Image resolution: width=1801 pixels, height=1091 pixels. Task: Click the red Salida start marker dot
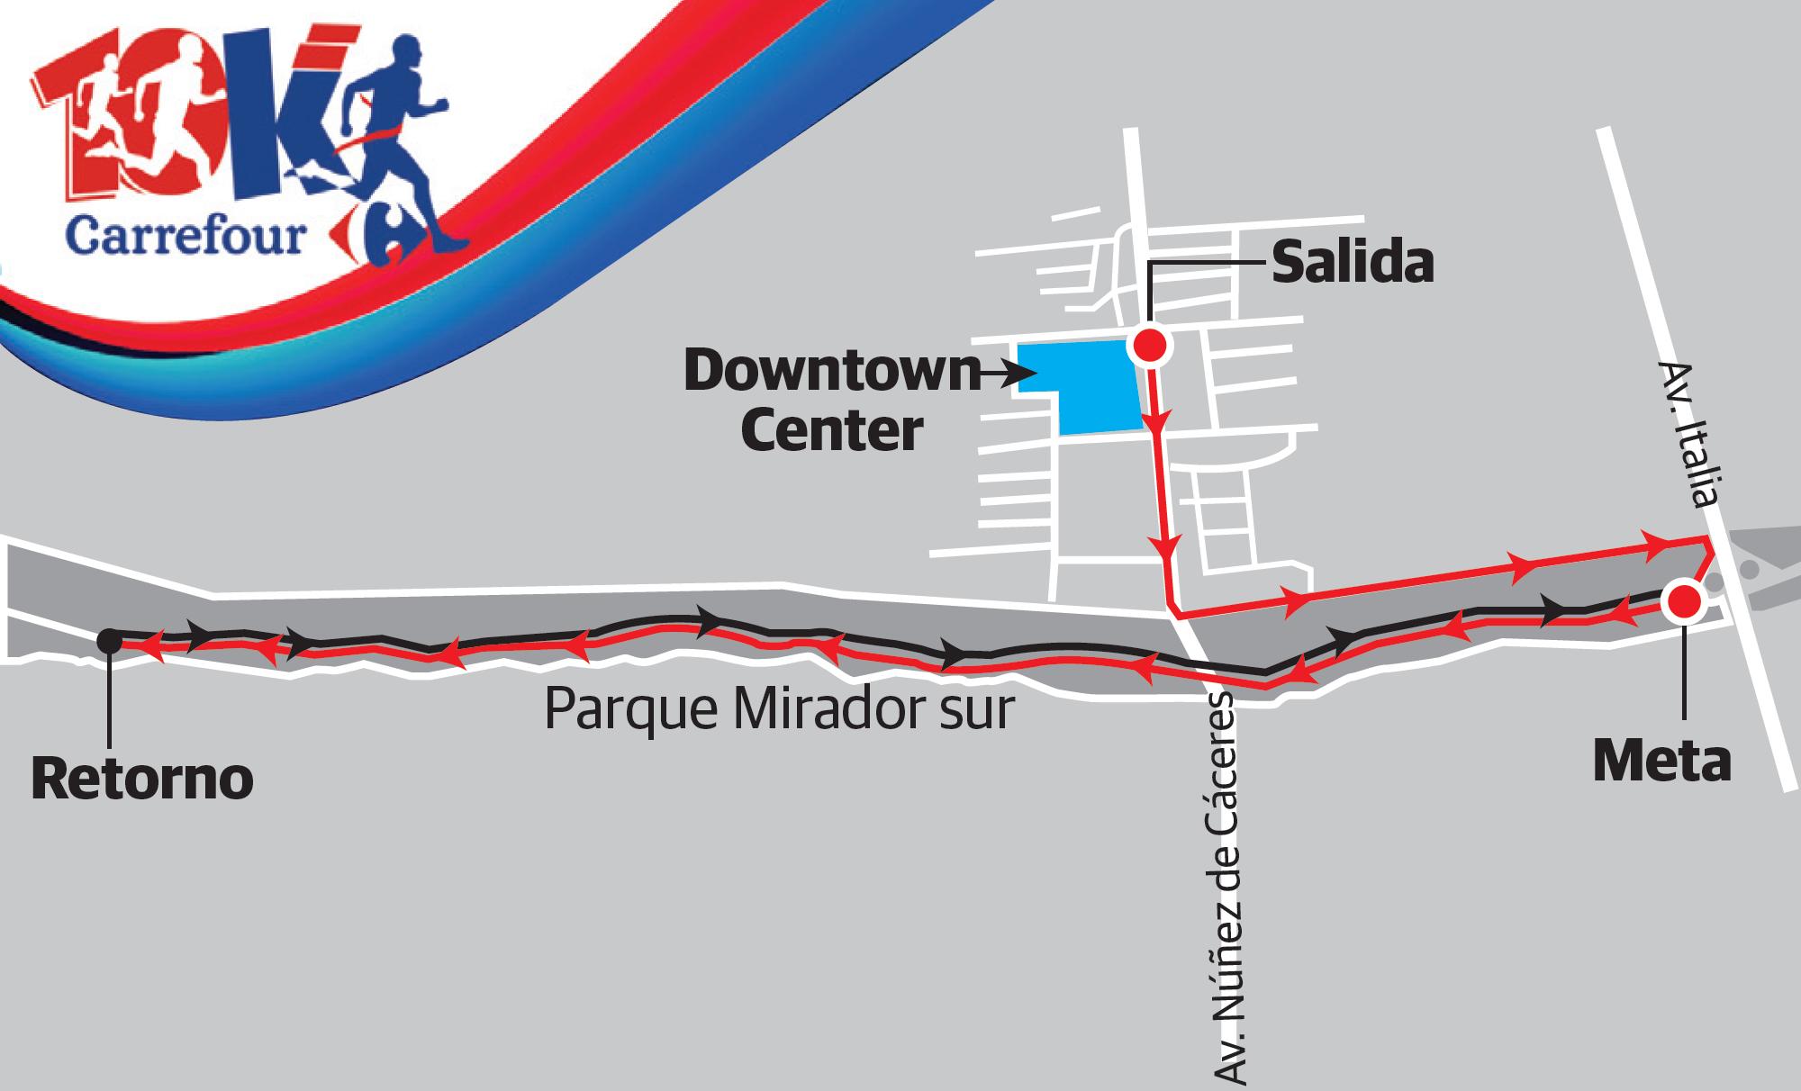[x=1150, y=345]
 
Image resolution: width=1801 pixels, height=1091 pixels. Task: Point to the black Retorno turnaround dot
[x=109, y=640]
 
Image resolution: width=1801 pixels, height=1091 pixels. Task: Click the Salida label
[x=1352, y=265]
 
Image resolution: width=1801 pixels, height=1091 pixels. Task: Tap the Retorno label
[x=142, y=780]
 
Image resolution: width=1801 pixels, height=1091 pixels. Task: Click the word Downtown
[x=831, y=373]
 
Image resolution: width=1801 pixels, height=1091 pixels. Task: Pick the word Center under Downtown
[x=831, y=431]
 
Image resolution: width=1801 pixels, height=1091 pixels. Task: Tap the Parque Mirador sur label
[x=780, y=710]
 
